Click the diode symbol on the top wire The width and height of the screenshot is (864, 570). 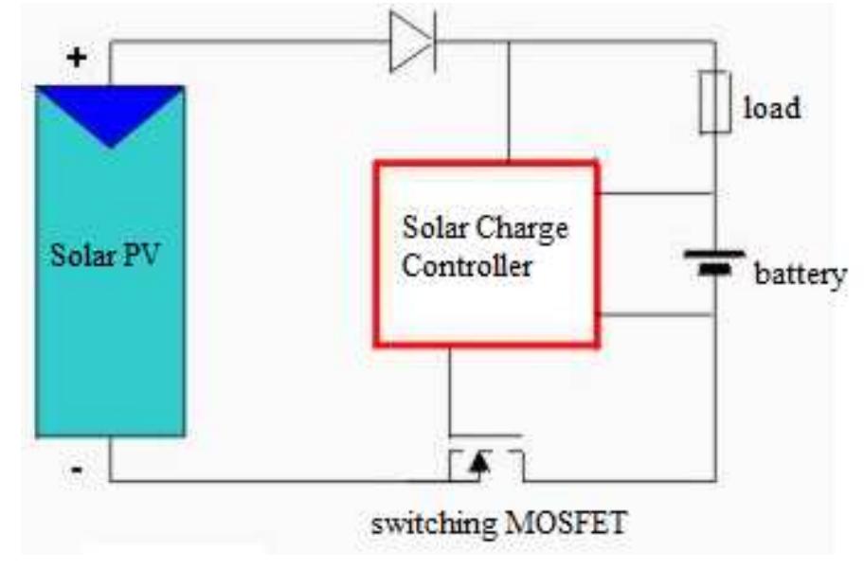click(413, 43)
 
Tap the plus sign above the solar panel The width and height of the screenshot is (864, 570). click(76, 57)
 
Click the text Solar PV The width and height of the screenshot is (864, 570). click(105, 257)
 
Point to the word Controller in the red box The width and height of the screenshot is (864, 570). click(466, 267)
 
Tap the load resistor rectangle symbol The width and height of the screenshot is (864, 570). click(714, 101)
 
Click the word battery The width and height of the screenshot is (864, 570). click(800, 276)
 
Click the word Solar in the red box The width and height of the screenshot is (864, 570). click(437, 228)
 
